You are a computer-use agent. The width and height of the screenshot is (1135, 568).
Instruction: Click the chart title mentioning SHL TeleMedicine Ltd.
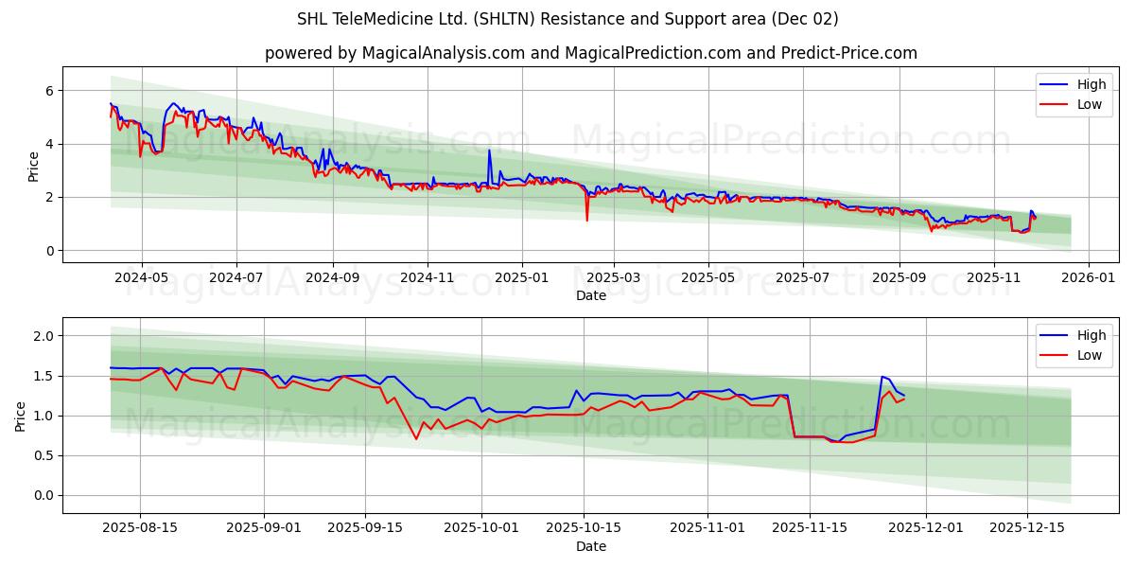[x=567, y=19]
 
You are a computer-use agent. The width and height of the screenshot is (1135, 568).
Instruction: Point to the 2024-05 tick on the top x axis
[x=141, y=278]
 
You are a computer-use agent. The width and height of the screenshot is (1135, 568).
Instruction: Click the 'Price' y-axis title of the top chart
[x=34, y=167]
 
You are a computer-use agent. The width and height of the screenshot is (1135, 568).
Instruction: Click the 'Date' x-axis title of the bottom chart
[x=590, y=546]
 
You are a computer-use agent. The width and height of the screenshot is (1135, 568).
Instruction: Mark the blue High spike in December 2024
[x=489, y=151]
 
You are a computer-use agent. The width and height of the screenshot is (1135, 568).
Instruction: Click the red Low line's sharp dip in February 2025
[x=586, y=221]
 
